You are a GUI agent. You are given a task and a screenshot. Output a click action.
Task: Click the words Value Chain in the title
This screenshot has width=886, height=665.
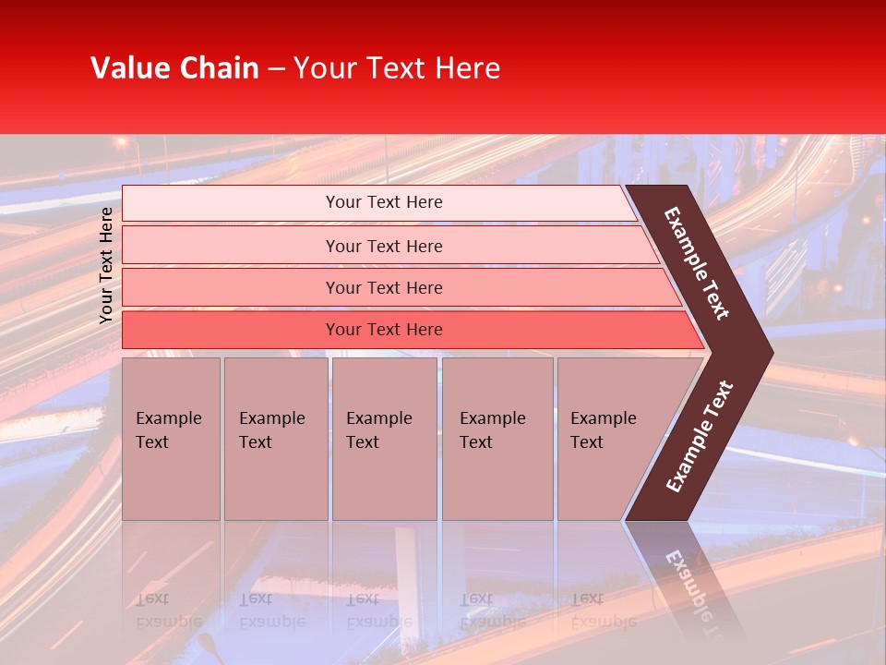coord(174,68)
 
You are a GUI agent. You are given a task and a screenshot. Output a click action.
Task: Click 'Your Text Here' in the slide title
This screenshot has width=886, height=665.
coord(397,68)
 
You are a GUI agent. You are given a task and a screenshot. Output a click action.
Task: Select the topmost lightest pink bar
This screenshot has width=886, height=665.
coord(383,202)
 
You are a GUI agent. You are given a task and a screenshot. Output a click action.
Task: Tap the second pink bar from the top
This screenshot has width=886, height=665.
coord(383,246)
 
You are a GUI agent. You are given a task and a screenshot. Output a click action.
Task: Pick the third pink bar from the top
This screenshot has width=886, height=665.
coord(383,287)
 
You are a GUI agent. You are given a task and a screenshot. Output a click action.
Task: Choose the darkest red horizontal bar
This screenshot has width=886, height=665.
coord(383,330)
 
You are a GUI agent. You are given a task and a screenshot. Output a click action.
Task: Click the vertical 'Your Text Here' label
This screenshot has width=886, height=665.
coord(106,265)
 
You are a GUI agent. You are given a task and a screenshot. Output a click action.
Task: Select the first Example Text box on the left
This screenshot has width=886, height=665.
coord(171,439)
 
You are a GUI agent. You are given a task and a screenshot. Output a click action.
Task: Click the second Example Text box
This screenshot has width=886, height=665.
coord(275,439)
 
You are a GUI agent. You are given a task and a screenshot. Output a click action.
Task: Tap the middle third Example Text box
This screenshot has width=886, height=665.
coord(384,439)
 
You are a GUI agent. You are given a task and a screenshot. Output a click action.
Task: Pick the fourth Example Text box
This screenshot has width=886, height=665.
coord(497,439)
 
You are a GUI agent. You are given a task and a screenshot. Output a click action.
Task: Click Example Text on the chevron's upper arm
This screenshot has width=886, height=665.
coord(698,263)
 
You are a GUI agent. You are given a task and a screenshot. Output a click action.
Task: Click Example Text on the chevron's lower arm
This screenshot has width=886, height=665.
coord(700,436)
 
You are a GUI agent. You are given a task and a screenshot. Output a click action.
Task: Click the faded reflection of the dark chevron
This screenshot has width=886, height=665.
coord(688,582)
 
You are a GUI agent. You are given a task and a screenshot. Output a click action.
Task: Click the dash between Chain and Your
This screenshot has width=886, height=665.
coord(276,69)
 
